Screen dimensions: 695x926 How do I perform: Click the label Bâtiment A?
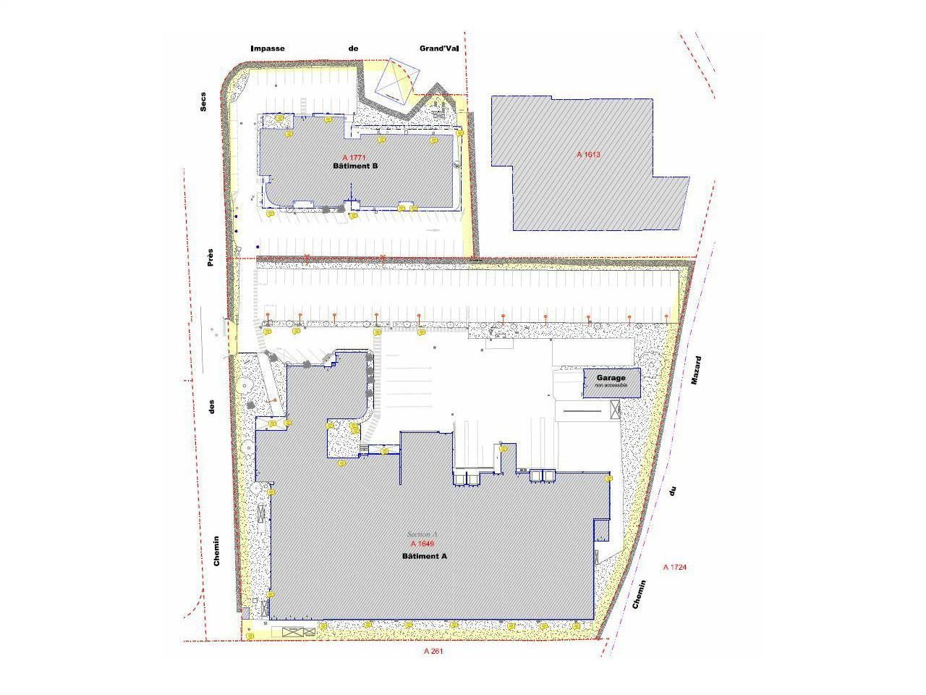tap(425, 556)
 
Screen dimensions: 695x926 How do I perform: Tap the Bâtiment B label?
tap(355, 166)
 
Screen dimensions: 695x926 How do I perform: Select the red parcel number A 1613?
tap(589, 154)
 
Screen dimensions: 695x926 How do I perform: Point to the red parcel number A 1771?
tap(355, 157)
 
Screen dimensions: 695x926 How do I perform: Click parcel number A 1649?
tap(422, 544)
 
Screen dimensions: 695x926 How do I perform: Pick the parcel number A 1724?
tap(674, 567)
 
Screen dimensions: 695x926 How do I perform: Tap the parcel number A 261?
tap(433, 651)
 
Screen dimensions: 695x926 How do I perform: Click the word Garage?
tap(611, 378)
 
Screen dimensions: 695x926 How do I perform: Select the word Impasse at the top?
tap(268, 49)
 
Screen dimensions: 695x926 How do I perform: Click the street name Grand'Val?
tap(439, 49)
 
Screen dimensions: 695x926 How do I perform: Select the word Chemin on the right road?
tap(640, 594)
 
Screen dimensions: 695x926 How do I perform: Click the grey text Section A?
tap(422, 534)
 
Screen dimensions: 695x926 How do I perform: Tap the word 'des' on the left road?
tap(212, 408)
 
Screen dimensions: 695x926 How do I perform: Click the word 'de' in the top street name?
tap(353, 49)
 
